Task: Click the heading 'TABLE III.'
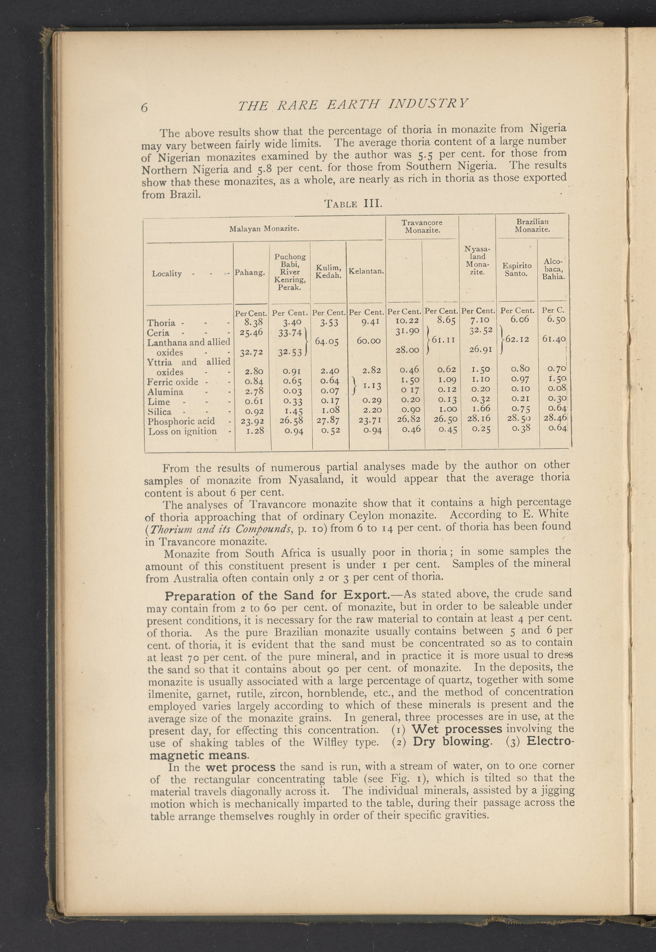click(x=354, y=203)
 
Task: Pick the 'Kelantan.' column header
click(x=366, y=271)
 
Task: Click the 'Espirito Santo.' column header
click(x=517, y=269)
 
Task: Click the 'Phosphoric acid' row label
click(x=181, y=421)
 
